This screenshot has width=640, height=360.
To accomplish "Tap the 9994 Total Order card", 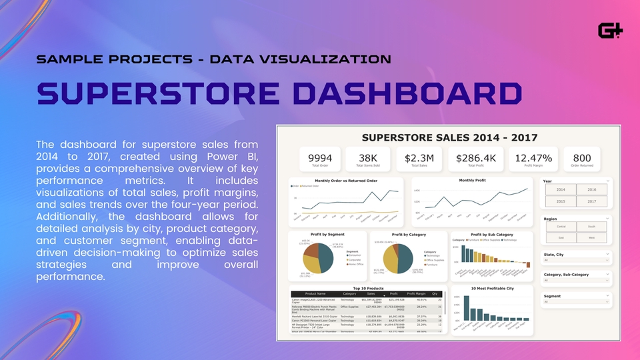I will (x=321, y=161).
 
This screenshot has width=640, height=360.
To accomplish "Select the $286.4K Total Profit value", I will (x=475, y=158).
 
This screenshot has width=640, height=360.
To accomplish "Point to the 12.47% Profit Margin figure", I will (x=531, y=158).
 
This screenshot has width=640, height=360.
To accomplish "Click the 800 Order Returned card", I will (x=582, y=161).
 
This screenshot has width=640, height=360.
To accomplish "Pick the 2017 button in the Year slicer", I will (x=591, y=201).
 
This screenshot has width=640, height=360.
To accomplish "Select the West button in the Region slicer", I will (x=591, y=237).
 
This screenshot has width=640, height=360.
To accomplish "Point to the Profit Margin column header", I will (x=417, y=293).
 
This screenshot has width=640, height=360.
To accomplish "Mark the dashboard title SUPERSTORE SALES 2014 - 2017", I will (x=449, y=137).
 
